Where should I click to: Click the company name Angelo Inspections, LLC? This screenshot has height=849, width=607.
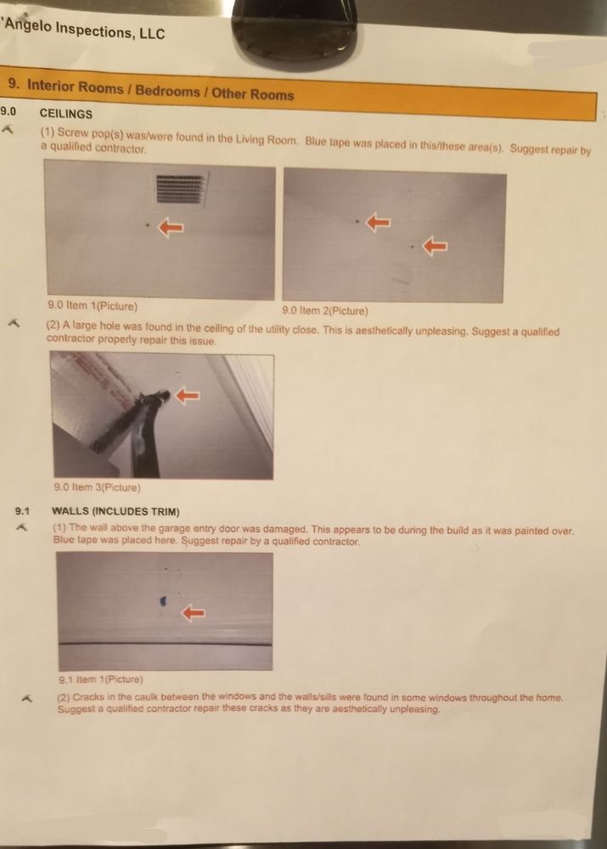pos(84,29)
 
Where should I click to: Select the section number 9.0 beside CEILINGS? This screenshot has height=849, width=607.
pos(8,111)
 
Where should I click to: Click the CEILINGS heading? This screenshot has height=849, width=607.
pos(66,114)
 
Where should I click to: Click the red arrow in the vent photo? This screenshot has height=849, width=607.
pos(171,228)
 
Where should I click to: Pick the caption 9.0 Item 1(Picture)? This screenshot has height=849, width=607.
pos(93,306)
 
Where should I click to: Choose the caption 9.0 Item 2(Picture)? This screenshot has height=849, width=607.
pos(325,311)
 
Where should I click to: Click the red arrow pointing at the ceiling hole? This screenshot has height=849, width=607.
pos(188,396)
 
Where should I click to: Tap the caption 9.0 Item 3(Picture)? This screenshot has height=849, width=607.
pos(98,487)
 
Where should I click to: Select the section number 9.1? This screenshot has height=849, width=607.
pos(23,511)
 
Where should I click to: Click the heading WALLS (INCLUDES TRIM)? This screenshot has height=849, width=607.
pos(115,512)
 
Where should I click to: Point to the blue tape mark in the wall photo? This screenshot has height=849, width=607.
pos(163,600)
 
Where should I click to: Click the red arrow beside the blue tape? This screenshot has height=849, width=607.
pos(194,613)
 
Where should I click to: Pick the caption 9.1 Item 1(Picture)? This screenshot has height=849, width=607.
pos(101,679)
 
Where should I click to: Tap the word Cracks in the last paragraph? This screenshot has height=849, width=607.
pos(87,697)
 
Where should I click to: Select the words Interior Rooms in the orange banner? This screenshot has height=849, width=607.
pos(76,86)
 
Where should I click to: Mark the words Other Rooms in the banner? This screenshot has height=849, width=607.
pos(253,93)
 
